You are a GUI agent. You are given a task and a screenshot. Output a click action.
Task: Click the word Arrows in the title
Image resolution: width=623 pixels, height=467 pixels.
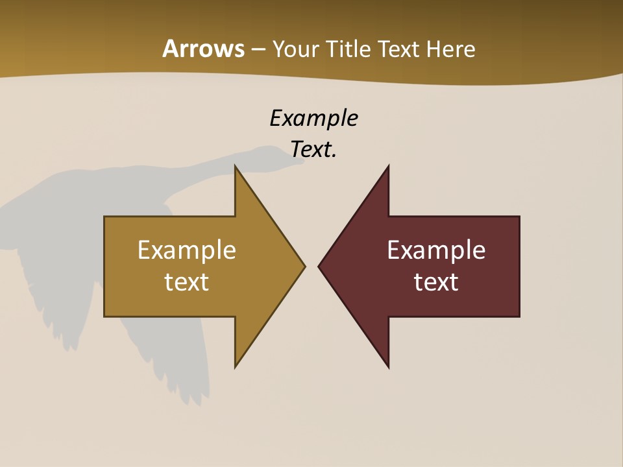pos(203,49)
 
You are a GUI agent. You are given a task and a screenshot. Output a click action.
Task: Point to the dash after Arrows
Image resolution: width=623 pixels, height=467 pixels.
pos(258,50)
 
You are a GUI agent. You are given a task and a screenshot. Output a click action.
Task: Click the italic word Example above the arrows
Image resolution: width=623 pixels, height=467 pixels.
pos(313,118)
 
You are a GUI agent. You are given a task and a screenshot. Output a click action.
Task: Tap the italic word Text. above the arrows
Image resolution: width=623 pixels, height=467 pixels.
pos(313,149)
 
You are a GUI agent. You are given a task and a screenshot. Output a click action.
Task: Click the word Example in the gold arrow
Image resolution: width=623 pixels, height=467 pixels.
pos(187,250)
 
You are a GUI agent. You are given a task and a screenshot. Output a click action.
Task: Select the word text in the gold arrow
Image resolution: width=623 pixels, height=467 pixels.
pos(187,281)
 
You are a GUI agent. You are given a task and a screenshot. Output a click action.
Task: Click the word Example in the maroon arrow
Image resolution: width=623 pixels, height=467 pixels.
pos(436,250)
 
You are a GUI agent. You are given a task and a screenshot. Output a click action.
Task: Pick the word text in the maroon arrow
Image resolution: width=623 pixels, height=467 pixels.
pos(436,281)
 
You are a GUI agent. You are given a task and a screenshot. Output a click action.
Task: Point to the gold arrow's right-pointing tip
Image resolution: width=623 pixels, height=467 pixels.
pos(304,265)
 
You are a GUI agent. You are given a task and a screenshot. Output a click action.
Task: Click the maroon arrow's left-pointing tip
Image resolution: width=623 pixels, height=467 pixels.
pos(320,265)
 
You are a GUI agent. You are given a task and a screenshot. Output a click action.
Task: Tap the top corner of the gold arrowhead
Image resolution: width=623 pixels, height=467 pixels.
pos(236,167)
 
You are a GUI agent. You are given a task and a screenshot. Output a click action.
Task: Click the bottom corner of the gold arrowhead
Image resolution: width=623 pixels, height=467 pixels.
pos(236,366)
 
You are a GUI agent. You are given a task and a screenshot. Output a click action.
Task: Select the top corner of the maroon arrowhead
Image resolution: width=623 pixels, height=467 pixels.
pos(388,167)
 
